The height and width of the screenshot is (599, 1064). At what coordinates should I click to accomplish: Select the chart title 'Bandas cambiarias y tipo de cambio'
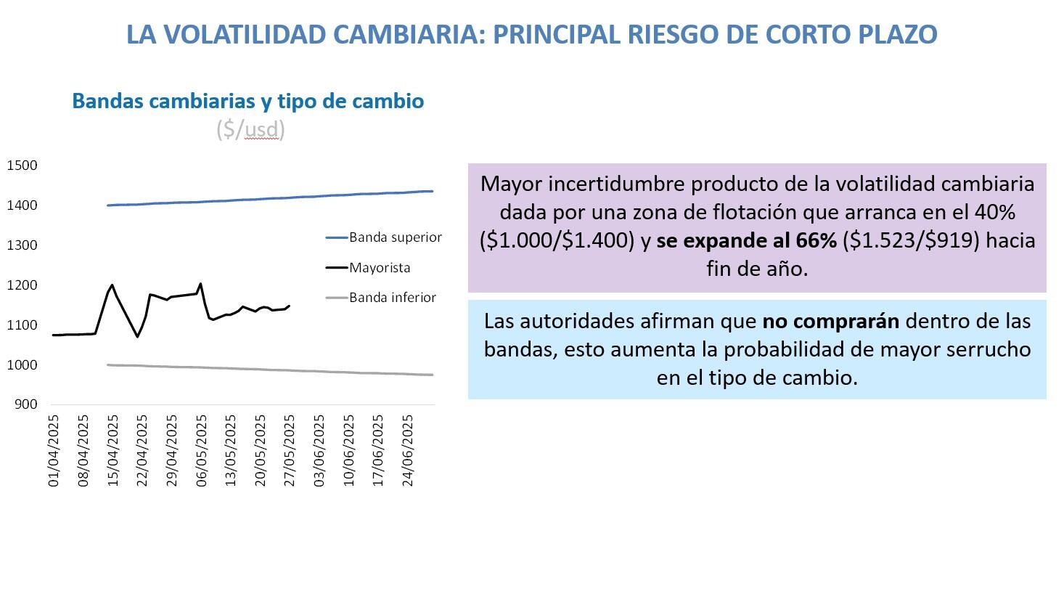coord(247,101)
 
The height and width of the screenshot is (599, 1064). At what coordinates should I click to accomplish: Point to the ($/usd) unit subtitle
coord(250,129)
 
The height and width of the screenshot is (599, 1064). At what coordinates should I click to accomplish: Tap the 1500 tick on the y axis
coord(22,166)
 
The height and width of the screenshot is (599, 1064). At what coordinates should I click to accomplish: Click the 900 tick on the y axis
coord(25,404)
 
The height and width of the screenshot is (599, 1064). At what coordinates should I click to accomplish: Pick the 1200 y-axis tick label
coord(22,285)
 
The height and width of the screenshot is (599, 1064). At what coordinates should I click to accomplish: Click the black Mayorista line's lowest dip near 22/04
coord(137,336)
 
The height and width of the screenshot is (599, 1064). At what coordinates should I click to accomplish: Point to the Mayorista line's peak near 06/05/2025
coord(200,284)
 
